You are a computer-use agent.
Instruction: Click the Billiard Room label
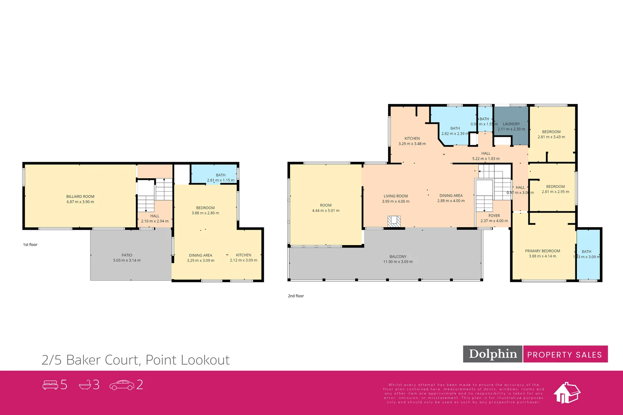(80, 196)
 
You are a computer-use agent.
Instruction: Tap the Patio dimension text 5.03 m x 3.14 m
(127, 261)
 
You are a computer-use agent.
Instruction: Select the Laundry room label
(511, 124)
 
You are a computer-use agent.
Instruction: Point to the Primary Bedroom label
(542, 251)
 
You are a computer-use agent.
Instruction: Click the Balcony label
(398, 257)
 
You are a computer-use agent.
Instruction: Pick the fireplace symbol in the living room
(394, 221)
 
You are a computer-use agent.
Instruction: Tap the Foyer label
(494, 216)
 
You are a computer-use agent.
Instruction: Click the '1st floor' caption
(30, 245)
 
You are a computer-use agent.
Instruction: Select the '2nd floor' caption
(296, 296)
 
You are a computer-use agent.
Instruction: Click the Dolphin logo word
(493, 354)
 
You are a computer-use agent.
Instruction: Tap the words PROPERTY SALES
(564, 355)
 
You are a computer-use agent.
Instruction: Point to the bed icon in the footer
(50, 385)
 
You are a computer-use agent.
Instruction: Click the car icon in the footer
(122, 385)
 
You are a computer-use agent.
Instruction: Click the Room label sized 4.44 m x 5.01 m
(325, 206)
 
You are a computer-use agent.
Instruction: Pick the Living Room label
(395, 196)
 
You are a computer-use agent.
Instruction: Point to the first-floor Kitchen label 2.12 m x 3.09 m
(243, 255)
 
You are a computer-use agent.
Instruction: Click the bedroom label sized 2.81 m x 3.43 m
(551, 132)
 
